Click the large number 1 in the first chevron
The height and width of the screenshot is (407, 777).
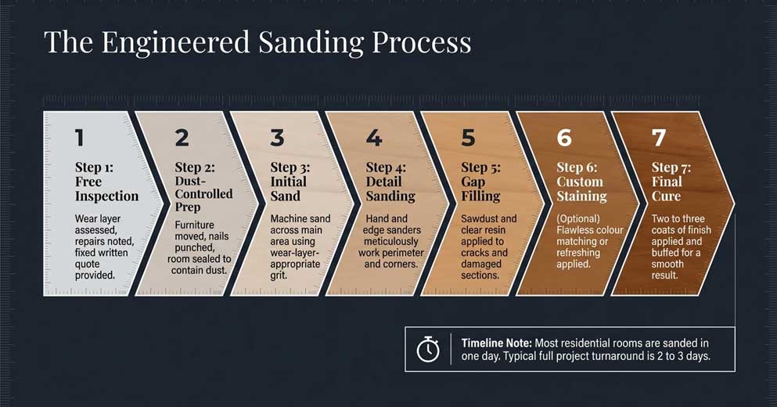79,139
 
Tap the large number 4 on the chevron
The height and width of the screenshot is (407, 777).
374,139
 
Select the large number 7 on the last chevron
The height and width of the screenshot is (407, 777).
659,139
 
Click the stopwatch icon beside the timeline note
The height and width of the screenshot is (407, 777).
428,349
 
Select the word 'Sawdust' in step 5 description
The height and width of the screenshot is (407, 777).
477,219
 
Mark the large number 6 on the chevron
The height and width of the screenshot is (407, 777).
564,139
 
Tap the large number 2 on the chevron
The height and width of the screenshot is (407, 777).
182,139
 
